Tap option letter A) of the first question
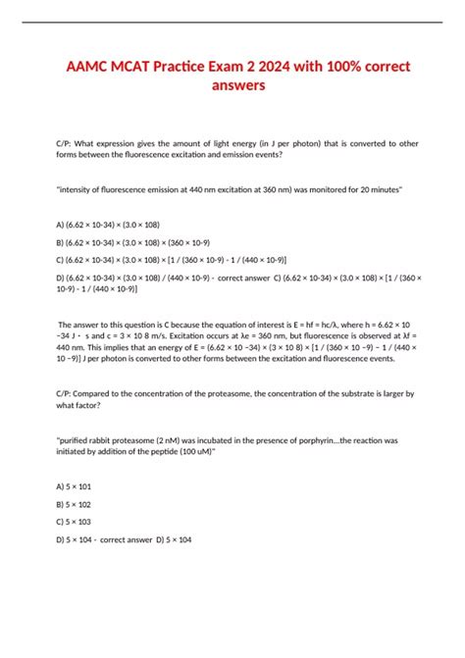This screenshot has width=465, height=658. [62, 222]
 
